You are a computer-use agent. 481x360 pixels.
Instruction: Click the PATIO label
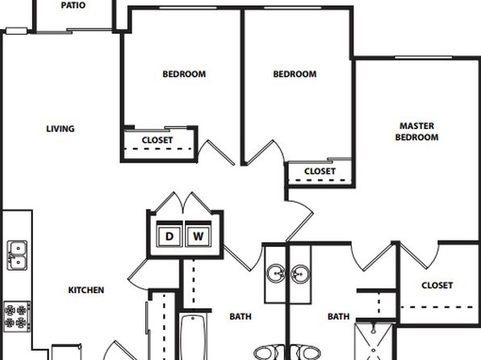coord(73,5)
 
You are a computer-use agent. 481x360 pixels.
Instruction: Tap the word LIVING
coord(61,128)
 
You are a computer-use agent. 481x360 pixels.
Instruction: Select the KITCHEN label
coord(86,290)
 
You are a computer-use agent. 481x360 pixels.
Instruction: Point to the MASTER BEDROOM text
coord(416,132)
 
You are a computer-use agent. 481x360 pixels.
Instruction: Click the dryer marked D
coord(169,236)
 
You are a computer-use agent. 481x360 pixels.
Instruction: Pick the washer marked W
coord(199,236)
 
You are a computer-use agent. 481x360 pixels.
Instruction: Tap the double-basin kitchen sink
coord(17,255)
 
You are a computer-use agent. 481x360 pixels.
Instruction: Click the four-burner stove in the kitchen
coord(17,316)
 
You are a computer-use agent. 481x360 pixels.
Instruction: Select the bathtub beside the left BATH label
coord(193,337)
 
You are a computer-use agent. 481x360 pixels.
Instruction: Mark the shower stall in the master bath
coord(374,341)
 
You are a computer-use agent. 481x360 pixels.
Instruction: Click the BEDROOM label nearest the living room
coord(184,74)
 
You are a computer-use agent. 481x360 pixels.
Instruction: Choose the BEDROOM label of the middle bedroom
coord(295,74)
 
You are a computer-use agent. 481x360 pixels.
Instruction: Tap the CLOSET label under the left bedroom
coord(157,140)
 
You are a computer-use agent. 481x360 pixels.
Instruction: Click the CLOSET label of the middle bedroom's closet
coord(320,171)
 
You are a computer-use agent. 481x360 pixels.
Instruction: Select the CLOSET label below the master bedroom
coord(437,286)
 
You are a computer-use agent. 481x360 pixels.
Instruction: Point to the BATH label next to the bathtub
coord(240,316)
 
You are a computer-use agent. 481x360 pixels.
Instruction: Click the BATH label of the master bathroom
coord(338,316)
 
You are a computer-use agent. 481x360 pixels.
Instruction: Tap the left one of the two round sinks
coord(276,274)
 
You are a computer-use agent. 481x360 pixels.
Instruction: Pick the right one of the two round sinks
coord(300,274)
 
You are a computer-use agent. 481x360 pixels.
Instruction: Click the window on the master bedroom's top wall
coord(424,57)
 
